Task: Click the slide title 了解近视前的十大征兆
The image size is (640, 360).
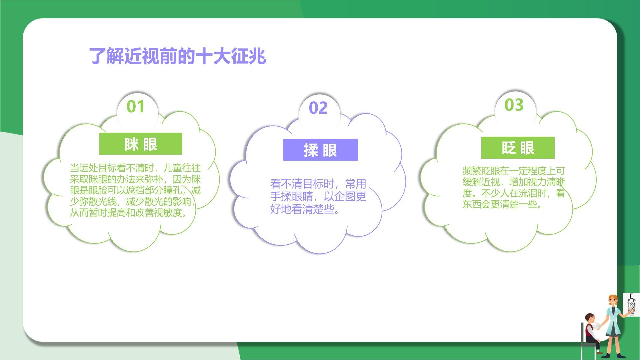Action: tap(178, 56)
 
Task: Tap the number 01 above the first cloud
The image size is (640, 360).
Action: tap(136, 107)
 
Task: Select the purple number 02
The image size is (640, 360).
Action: tap(318, 108)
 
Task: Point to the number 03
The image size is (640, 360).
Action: tap(514, 105)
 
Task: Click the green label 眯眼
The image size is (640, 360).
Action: tap(141, 144)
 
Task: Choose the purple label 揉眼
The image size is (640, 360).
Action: tap(320, 150)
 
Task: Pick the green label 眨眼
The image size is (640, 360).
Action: tap(518, 148)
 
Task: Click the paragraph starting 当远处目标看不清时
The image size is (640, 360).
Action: tap(135, 190)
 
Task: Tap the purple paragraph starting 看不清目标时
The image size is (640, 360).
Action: tap(318, 196)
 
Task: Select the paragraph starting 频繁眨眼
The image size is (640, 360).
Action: tap(514, 187)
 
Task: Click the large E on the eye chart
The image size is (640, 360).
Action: tap(631, 296)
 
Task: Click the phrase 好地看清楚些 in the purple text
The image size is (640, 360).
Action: tap(302, 209)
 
